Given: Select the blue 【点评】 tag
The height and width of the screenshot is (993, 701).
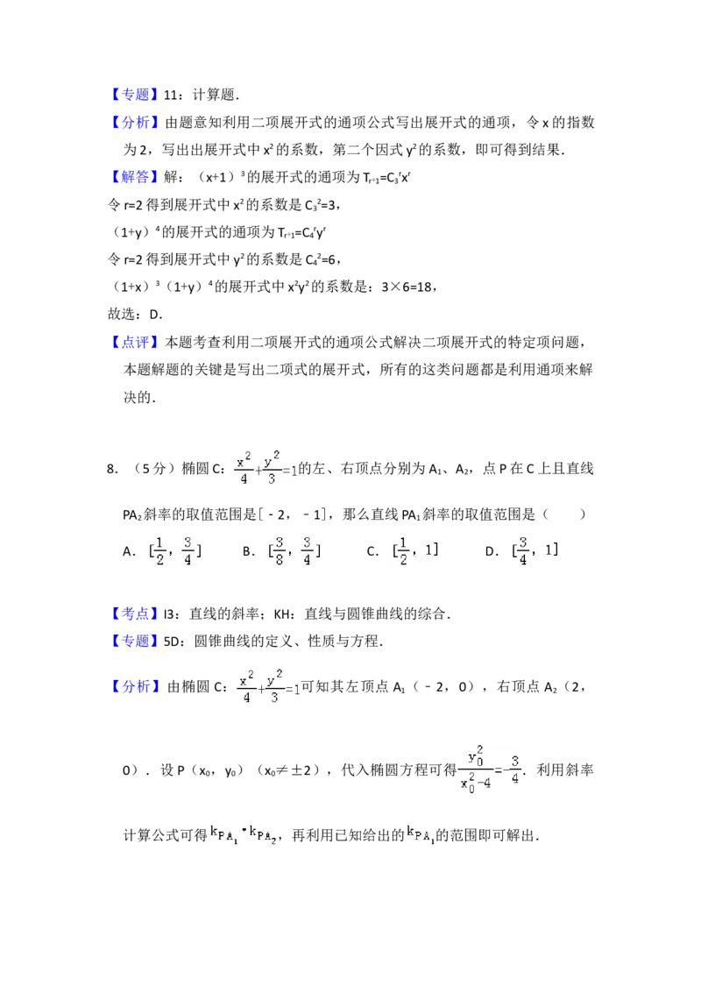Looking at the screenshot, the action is coord(136,341).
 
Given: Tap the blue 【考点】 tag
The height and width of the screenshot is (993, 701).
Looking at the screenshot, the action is coord(136,614).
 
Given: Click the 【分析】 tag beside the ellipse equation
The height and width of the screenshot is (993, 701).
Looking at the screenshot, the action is coord(136,685).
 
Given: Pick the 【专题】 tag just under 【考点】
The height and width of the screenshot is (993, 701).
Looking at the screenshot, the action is coord(136,642).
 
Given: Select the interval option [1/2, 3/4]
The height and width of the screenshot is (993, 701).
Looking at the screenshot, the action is coord(172,550).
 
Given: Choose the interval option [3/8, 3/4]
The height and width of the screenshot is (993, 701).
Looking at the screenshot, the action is coord(291,550).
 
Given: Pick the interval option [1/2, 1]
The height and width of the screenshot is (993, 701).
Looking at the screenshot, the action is coord(414,550).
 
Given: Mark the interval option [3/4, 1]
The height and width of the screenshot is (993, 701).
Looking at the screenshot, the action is coord(533,550).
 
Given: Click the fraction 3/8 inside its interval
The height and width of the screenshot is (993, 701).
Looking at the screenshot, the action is coord(279,550).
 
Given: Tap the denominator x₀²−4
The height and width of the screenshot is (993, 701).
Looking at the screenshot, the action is coord(477,784).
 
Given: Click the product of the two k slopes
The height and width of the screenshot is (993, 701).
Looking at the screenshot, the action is coord(242,834).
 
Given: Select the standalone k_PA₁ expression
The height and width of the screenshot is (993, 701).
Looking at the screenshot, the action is coord(421,834).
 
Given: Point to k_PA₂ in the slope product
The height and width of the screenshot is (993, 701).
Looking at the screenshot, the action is coord(263,834).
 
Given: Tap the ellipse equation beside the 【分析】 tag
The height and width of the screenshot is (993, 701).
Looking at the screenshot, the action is coord(266,687).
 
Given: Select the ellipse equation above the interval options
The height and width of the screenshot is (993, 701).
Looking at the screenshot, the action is coord(266,466).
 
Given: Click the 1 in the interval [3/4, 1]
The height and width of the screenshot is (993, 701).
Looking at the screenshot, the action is coord(549,550).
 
